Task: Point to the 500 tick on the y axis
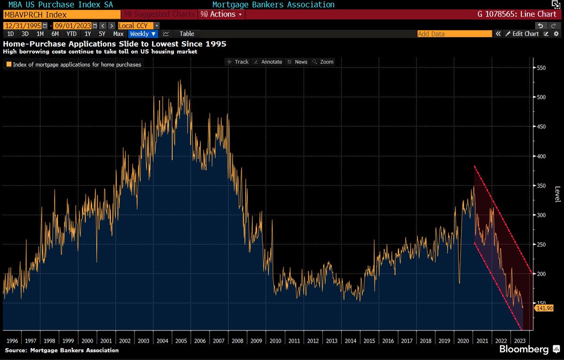click(542, 97)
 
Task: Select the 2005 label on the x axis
click(180, 341)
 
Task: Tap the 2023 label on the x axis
click(520, 341)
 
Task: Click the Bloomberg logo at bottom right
click(524, 350)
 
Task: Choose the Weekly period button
click(142, 34)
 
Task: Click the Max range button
click(118, 34)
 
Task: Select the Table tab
click(187, 34)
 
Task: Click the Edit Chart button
click(522, 34)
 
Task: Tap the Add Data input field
click(454, 34)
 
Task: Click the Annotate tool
click(268, 62)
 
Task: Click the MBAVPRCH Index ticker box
click(61, 15)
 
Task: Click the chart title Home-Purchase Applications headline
click(115, 44)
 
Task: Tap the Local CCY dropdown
click(139, 25)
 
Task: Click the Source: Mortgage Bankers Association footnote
click(62, 350)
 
